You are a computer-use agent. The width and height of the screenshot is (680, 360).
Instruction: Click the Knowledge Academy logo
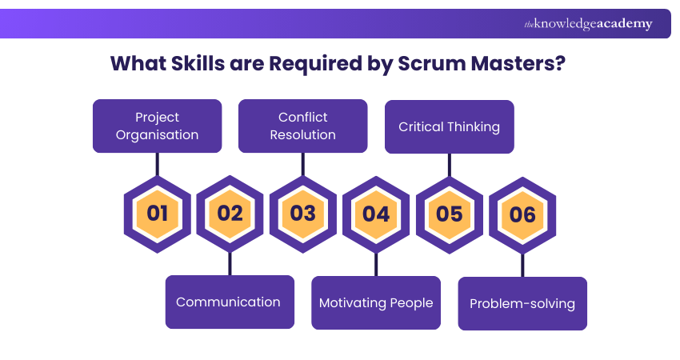pyautogui.click(x=588, y=24)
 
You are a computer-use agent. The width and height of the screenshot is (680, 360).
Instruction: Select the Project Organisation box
pyautogui.click(x=157, y=126)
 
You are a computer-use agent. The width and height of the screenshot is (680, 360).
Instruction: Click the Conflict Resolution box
pyautogui.click(x=302, y=126)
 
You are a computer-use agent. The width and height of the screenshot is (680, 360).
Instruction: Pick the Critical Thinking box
pyautogui.click(x=449, y=126)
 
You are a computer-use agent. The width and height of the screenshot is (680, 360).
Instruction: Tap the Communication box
pyautogui.click(x=229, y=302)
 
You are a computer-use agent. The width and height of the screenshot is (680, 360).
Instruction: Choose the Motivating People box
pyautogui.click(x=376, y=302)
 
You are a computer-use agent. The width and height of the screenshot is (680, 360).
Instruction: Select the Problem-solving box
pyautogui.click(x=522, y=303)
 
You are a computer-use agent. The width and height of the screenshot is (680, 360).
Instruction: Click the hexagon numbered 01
pyautogui.click(x=157, y=214)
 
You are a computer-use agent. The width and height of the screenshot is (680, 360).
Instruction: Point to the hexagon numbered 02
pyautogui.click(x=230, y=214)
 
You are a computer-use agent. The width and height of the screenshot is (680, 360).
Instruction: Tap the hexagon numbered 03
pyautogui.click(x=302, y=214)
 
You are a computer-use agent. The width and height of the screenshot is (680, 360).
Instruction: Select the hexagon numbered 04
pyautogui.click(x=376, y=214)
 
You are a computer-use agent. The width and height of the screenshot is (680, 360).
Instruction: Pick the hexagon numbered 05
pyautogui.click(x=449, y=214)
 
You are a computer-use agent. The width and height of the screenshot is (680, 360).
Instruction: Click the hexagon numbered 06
pyautogui.click(x=522, y=214)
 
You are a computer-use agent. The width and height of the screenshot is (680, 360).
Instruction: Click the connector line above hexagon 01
pyautogui.click(x=157, y=163)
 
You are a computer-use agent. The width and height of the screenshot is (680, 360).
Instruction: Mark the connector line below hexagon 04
pyautogui.click(x=376, y=264)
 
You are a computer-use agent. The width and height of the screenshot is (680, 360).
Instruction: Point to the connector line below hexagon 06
pyautogui.click(x=522, y=265)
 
